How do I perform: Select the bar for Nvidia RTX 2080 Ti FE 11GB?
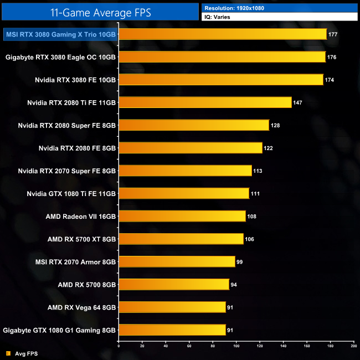coord(205,102)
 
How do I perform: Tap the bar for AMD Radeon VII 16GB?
coord(182,216)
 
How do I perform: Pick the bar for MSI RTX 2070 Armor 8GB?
coord(177,261)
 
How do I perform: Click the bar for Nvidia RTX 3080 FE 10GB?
coord(220,80)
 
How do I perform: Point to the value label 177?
coord(333,34)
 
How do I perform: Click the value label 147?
coord(299,103)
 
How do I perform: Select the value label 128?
coord(275,126)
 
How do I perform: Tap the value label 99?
coord(240,262)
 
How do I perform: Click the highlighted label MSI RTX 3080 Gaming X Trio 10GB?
coord(61,34)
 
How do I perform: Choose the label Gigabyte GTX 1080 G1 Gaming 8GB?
coord(60,330)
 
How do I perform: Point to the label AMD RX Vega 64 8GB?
coord(81,307)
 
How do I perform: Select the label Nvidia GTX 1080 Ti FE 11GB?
coord(71,193)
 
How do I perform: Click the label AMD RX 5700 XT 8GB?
coord(82,239)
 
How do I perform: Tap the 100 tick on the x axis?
coord(236,346)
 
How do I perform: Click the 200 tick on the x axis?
coord(353,346)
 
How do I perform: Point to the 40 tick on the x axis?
coord(166,346)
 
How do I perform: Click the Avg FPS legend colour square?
coord(8,353)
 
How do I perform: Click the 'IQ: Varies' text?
coord(218,17)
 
